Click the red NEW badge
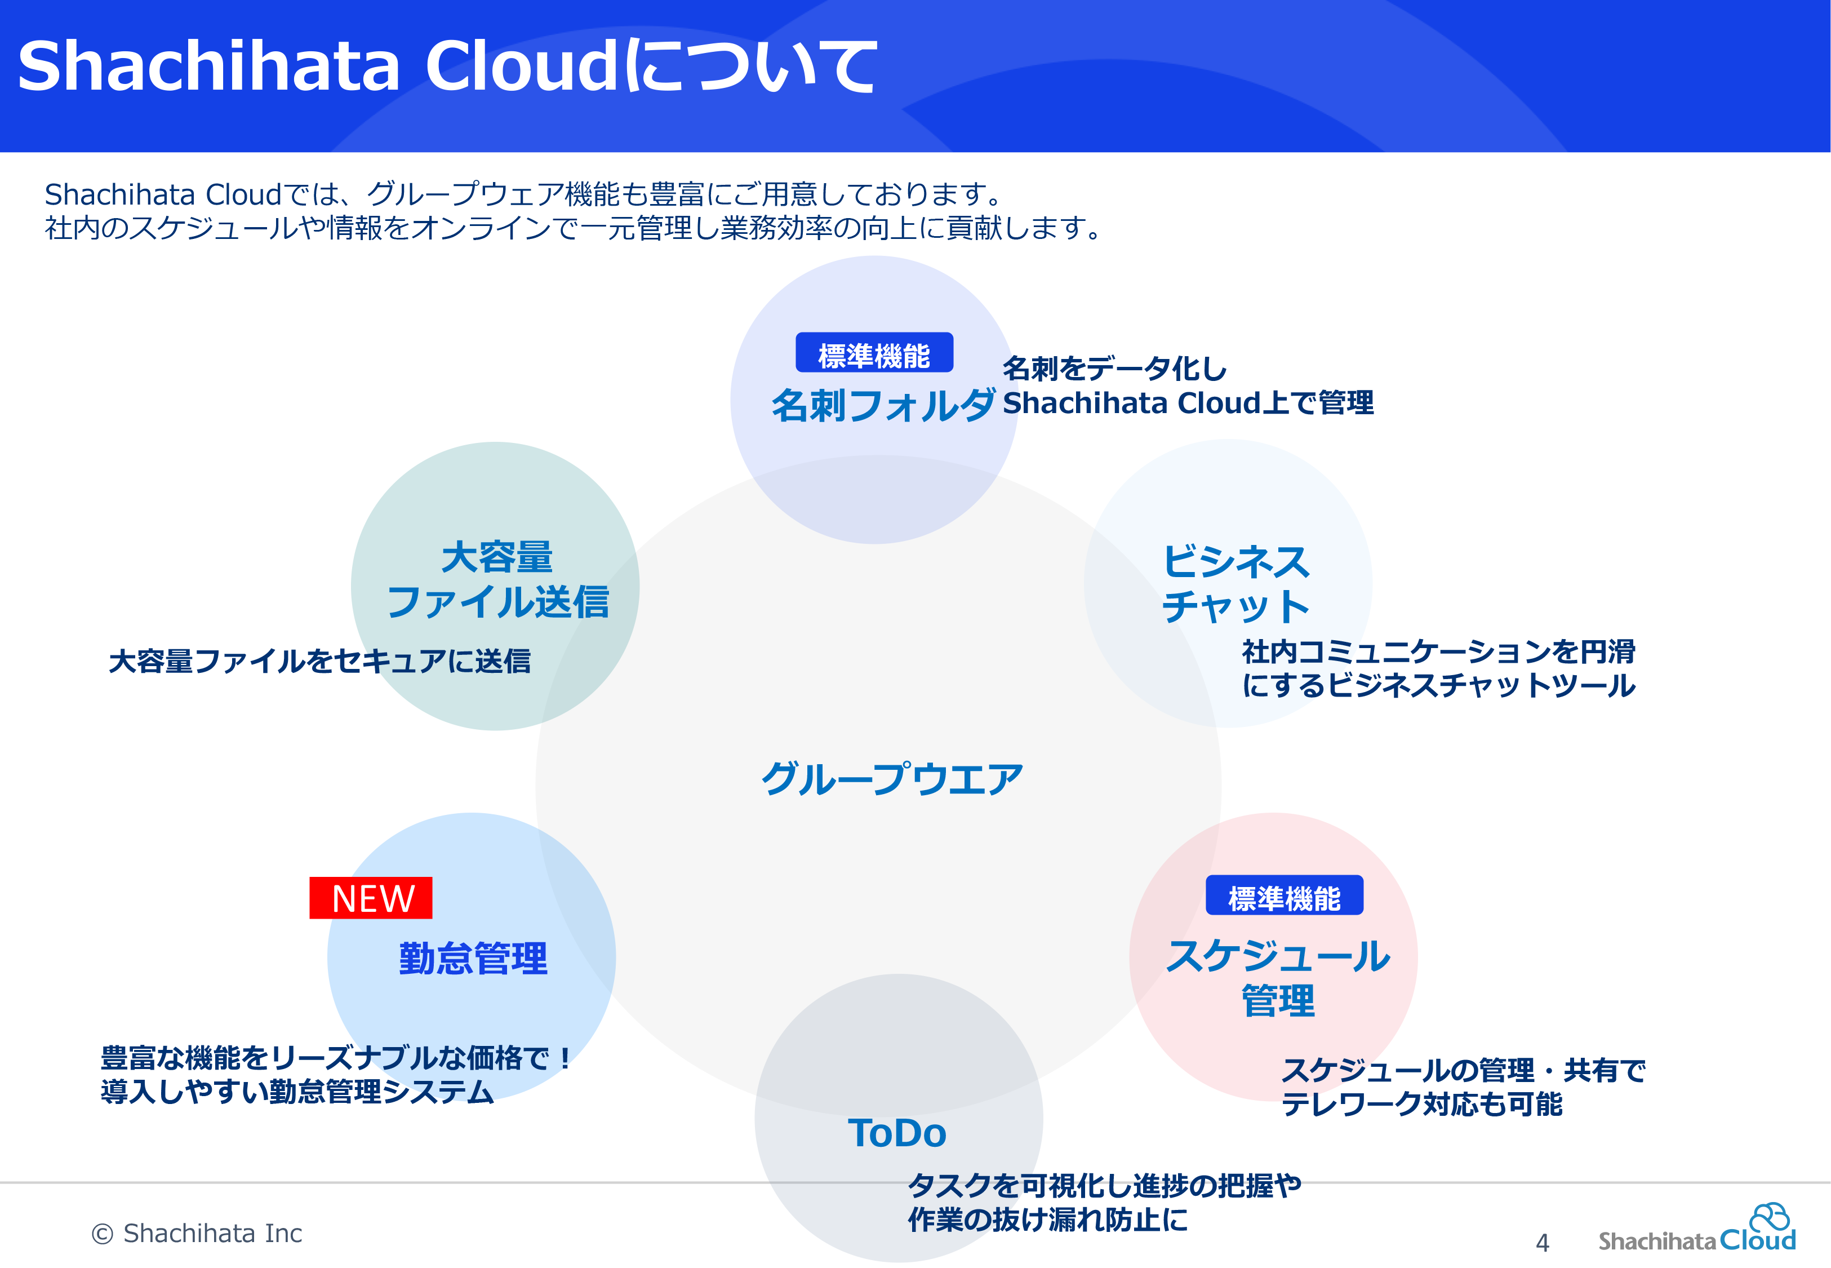(371, 898)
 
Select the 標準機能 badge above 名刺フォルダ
(874, 353)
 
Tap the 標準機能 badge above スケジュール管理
(1284, 895)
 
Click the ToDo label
(897, 1133)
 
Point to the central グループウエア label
(892, 779)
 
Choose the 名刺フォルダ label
(883, 405)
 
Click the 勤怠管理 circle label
(473, 958)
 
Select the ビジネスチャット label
(1236, 584)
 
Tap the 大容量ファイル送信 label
(498, 579)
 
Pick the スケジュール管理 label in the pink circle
(1278, 978)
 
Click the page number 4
(1542, 1243)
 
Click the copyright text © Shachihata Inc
(197, 1233)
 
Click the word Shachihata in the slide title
(209, 65)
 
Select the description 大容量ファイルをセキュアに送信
(320, 661)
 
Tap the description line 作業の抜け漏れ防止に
(1047, 1220)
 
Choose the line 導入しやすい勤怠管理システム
(298, 1092)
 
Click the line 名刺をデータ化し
(1115, 369)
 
